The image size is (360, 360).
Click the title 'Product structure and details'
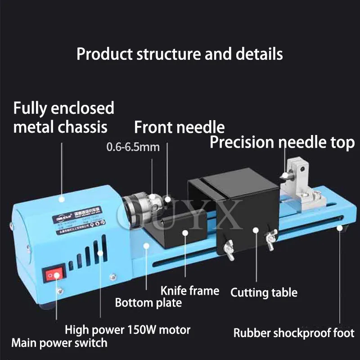coord(180,54)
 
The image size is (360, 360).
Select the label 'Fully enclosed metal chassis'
coord(63,117)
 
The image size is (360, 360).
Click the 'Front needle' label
coord(179,127)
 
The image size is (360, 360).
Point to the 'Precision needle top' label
coord(282,143)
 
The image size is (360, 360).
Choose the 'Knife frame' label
coord(190,291)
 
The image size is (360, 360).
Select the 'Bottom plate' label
coord(148,302)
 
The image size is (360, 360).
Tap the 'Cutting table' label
coord(264,292)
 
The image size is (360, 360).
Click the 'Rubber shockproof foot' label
coord(294,333)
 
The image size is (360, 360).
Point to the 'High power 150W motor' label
coord(127,330)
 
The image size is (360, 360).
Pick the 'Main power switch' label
coord(59,343)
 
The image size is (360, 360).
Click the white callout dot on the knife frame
coord(185,232)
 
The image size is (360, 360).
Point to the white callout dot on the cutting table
coord(256,230)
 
